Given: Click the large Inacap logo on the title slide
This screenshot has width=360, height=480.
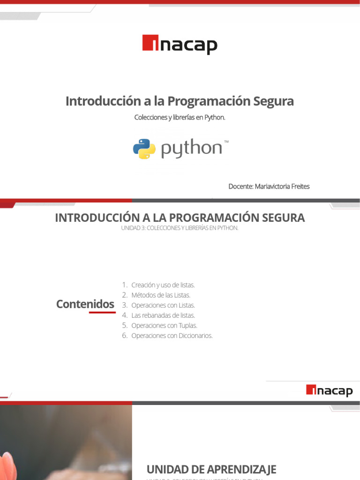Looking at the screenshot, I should (x=180, y=45).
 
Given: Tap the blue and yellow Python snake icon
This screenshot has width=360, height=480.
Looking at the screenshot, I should (x=144, y=149).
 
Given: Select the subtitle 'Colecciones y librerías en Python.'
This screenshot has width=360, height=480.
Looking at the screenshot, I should (x=180, y=117).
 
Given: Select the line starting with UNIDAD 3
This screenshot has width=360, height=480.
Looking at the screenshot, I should (x=180, y=228).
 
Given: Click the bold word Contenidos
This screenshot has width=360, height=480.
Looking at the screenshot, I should (x=85, y=304).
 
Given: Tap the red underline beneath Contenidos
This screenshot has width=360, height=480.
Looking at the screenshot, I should (x=102, y=312).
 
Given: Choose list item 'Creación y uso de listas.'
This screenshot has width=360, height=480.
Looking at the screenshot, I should (x=163, y=285).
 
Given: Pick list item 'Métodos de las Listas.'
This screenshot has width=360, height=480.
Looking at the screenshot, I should (x=161, y=295).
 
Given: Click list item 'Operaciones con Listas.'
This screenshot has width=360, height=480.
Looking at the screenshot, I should (x=163, y=305).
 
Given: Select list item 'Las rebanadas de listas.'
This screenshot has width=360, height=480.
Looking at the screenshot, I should (x=163, y=315).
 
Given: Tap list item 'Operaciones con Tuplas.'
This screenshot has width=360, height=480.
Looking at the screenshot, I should (x=164, y=325).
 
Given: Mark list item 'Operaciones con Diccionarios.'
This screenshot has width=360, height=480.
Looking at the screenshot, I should (x=172, y=336).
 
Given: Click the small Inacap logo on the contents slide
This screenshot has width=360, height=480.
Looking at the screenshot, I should (x=329, y=390).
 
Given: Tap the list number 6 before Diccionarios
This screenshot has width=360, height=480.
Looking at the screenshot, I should (x=125, y=336).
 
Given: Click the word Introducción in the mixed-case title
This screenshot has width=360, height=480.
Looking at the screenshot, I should (x=97, y=101).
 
